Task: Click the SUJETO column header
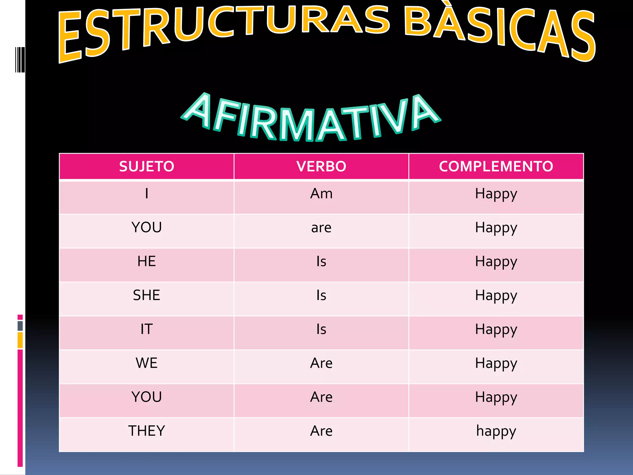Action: pos(147,166)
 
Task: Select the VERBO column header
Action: pos(321,166)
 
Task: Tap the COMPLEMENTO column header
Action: pos(496,166)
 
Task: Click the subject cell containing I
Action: pos(147,194)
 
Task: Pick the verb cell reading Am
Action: pos(321,194)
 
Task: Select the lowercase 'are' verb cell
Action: pos(321,228)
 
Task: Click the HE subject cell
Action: pos(147,262)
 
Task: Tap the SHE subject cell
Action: pos(147,295)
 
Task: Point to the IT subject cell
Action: pos(147,329)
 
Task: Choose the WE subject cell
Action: pos(147,363)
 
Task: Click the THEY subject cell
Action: pos(147,431)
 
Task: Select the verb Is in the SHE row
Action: pos(321,295)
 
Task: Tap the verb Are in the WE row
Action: pos(321,363)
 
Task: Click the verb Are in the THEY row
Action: pos(321,431)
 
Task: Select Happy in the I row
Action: pos(496,194)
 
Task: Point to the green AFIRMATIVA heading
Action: pos(311,119)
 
